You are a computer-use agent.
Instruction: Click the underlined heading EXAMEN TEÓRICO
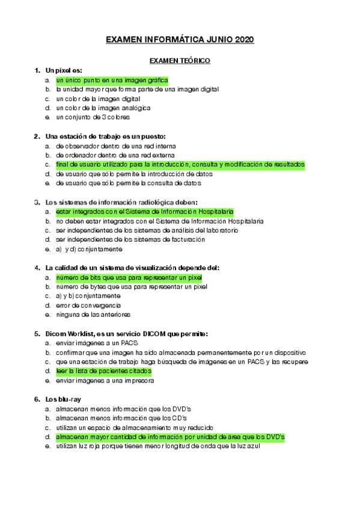pyautogui.click(x=180, y=61)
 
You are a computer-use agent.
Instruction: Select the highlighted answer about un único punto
pyautogui.click(x=112, y=80)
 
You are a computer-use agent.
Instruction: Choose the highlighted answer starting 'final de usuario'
pyautogui.click(x=180, y=164)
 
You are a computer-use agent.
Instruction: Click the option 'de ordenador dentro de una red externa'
pyautogui.click(x=116, y=155)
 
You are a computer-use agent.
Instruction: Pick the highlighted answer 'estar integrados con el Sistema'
pyautogui.click(x=144, y=212)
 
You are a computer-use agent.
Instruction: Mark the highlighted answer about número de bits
pyautogui.click(x=129, y=277)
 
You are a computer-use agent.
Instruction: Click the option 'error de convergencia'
pyautogui.click(x=88, y=305)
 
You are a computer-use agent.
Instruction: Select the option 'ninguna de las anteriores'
pyautogui.click(x=93, y=314)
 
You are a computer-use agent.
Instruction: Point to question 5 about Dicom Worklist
pyautogui.click(x=126, y=333)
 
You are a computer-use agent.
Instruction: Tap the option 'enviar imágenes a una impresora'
pyautogui.click(x=105, y=380)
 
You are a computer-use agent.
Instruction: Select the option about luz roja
pyautogui.click(x=157, y=446)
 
